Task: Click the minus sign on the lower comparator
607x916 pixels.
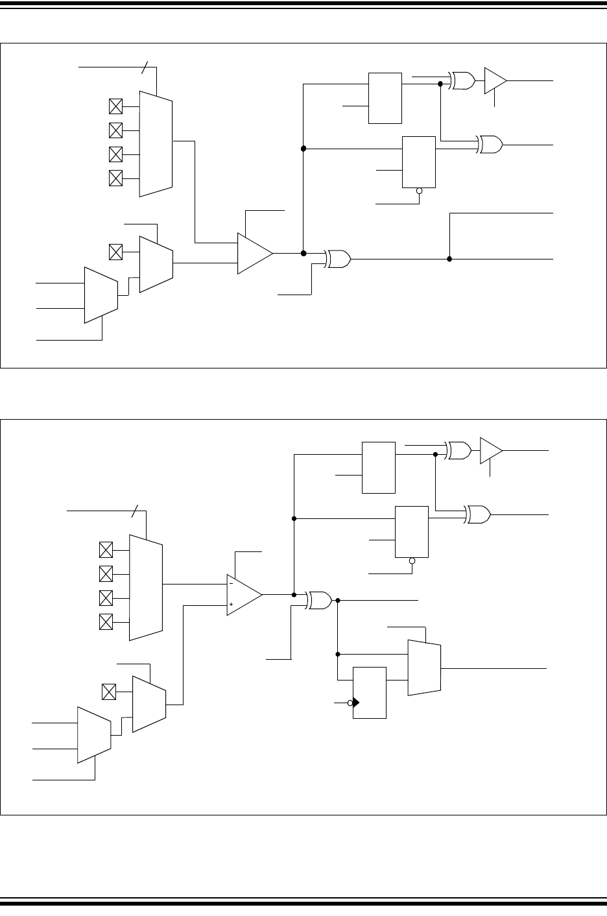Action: click(x=232, y=583)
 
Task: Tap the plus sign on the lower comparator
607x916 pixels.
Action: click(x=232, y=604)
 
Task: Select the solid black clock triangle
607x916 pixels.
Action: click(x=356, y=703)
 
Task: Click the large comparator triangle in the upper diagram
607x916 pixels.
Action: click(x=254, y=253)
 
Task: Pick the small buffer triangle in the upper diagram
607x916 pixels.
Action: click(x=495, y=80)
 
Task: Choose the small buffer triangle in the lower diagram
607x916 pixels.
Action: click(x=490, y=450)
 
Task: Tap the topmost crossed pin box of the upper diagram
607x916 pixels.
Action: click(x=115, y=106)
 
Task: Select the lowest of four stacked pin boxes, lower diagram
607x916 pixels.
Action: click(x=105, y=621)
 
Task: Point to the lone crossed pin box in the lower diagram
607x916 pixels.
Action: click(x=109, y=692)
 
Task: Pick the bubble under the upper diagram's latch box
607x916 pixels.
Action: click(x=419, y=191)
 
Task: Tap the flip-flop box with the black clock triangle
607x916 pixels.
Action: click(x=369, y=692)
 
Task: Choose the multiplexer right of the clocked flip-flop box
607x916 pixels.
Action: click(x=424, y=668)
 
